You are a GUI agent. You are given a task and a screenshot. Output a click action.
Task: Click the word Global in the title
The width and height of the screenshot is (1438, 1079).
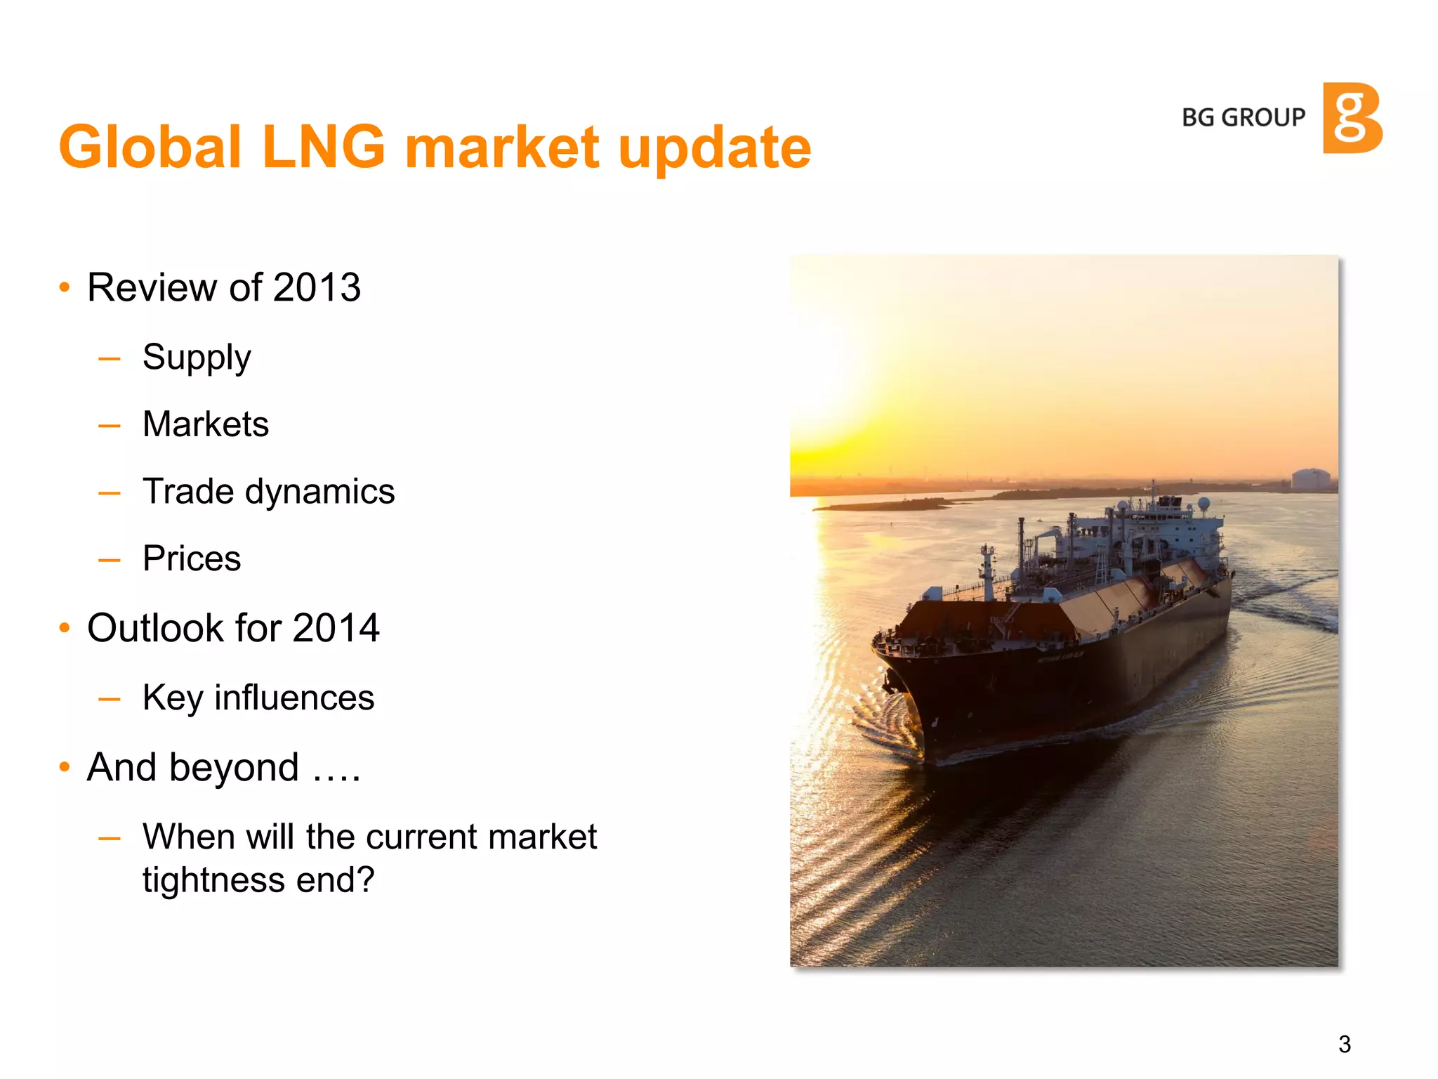[x=150, y=148]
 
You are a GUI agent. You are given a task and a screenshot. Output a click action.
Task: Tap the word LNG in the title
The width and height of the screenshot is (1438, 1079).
[x=323, y=148]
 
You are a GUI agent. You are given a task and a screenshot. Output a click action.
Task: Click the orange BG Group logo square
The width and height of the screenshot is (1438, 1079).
[x=1352, y=118]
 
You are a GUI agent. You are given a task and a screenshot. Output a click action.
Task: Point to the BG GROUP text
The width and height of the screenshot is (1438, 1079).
[x=1244, y=117]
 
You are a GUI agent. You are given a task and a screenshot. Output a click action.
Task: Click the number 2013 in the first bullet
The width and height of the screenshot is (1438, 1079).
[x=317, y=287]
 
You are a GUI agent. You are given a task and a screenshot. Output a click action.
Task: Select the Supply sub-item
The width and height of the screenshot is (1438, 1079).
[x=197, y=358]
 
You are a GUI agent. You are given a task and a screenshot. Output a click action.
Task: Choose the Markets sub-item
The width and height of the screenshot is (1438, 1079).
[x=206, y=424]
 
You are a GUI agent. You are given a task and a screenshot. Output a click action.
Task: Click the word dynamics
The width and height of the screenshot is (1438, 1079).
[x=319, y=492]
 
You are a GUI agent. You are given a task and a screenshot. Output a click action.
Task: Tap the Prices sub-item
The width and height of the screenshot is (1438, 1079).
[x=192, y=559]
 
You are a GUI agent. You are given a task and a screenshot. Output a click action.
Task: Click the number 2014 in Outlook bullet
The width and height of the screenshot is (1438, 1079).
[x=336, y=628]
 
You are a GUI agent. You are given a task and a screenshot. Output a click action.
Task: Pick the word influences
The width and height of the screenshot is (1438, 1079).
[x=294, y=698]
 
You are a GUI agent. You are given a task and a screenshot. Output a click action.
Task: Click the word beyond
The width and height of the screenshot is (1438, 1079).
[x=234, y=767]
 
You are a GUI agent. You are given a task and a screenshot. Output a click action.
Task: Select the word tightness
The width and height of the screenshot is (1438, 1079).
[x=213, y=879]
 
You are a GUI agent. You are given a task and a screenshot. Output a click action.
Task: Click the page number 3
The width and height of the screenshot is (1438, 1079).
[x=1345, y=1045]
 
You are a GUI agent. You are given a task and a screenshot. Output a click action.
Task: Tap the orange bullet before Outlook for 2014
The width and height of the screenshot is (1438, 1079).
[x=65, y=628]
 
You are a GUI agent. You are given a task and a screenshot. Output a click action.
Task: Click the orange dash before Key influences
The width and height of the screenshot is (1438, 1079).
[x=110, y=699]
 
